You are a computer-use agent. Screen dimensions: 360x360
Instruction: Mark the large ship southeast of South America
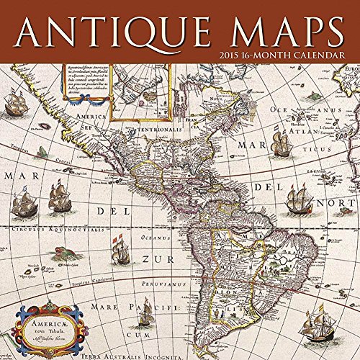pyautogui.click(x=316, y=323)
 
